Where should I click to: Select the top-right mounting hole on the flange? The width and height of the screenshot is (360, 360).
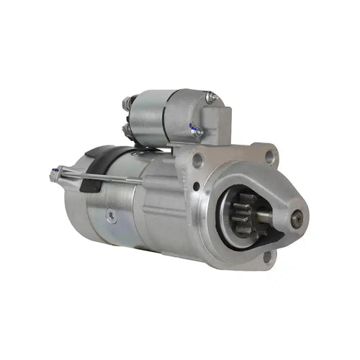[270, 155]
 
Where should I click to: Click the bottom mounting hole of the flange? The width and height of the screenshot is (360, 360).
[268, 255]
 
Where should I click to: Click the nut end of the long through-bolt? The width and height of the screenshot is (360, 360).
[55, 174]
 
